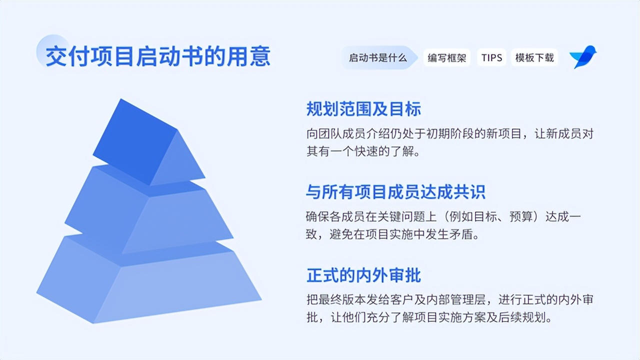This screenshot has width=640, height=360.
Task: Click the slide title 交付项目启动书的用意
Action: pyautogui.click(x=158, y=56)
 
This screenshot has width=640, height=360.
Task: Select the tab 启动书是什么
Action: pyautogui.click(x=378, y=57)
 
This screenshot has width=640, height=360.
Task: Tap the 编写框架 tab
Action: pyautogui.click(x=446, y=57)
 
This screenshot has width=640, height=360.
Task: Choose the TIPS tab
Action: pyautogui.click(x=491, y=57)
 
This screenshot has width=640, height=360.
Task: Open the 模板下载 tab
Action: pyautogui.click(x=534, y=57)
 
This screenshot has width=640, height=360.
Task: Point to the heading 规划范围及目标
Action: pyautogui.click(x=363, y=109)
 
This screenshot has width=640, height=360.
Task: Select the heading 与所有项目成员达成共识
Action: pyautogui.click(x=395, y=192)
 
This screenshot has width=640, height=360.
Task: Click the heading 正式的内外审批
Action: pyautogui.click(x=363, y=275)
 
